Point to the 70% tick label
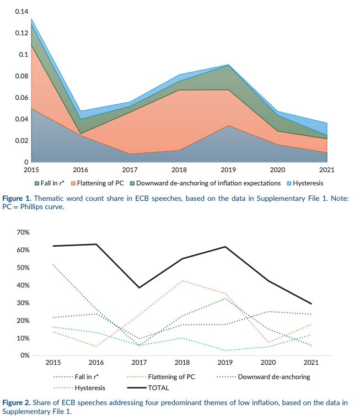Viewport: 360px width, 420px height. point(22,232)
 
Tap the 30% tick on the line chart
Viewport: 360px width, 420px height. point(22,303)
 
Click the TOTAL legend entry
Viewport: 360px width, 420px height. point(159,388)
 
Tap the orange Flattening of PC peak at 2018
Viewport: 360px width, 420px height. point(182,280)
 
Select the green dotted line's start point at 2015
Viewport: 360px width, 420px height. point(53,264)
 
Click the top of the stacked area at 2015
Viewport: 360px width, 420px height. point(31,19)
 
